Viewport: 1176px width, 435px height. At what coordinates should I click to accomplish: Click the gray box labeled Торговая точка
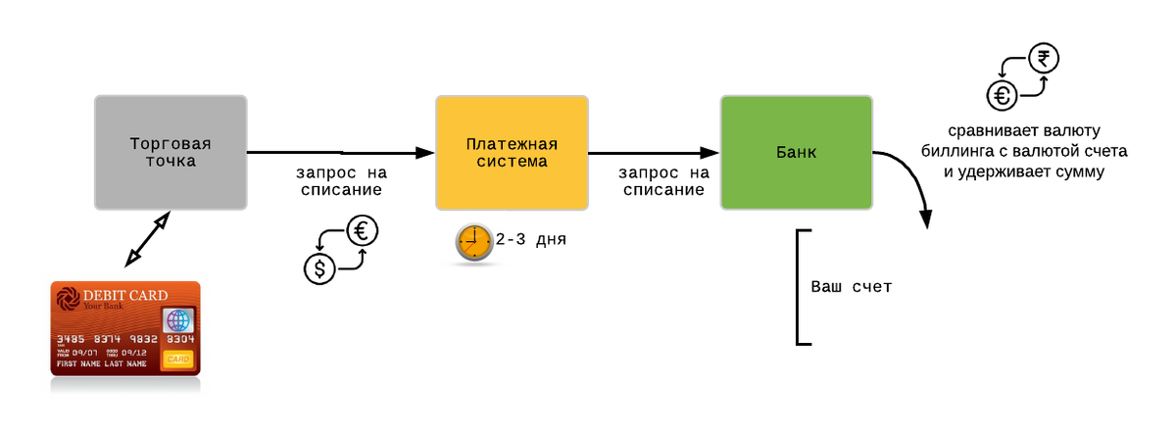(x=171, y=153)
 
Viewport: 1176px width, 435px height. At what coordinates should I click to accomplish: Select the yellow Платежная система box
(x=512, y=153)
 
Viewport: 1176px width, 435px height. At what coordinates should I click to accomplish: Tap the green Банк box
(x=797, y=153)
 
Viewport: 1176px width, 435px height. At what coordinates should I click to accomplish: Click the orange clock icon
(x=474, y=242)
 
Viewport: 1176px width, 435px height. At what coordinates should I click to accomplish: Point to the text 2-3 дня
(x=531, y=239)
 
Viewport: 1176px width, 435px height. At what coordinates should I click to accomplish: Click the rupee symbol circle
(x=1044, y=58)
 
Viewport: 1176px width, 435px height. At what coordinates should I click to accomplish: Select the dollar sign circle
(x=319, y=268)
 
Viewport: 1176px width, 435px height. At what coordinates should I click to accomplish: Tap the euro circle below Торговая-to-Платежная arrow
(x=363, y=231)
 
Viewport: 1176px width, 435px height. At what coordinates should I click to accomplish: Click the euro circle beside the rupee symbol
(x=1003, y=95)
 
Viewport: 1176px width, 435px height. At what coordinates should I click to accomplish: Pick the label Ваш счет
(x=851, y=286)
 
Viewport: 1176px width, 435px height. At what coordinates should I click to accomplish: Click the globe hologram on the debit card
(x=178, y=320)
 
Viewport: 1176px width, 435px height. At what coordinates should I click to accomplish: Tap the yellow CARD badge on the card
(x=178, y=360)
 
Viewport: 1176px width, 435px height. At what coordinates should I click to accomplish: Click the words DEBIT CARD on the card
(x=125, y=295)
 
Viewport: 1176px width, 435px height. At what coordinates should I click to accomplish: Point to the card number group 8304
(x=180, y=339)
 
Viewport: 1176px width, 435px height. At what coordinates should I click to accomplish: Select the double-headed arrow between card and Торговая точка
(x=148, y=239)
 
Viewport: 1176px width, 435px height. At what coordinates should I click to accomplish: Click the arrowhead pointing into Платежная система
(x=424, y=153)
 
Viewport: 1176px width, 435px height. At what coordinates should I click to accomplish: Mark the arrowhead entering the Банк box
(x=710, y=153)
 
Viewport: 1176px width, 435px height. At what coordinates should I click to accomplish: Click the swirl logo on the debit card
(x=68, y=298)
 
